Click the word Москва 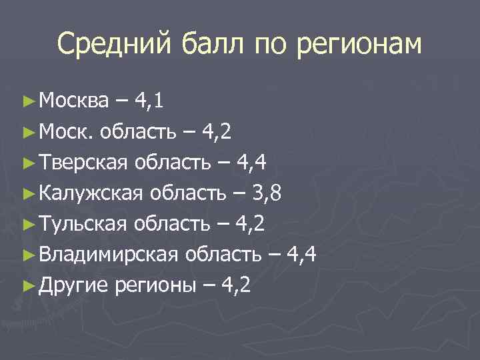tap(73, 101)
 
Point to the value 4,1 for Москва tap(150, 101)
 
